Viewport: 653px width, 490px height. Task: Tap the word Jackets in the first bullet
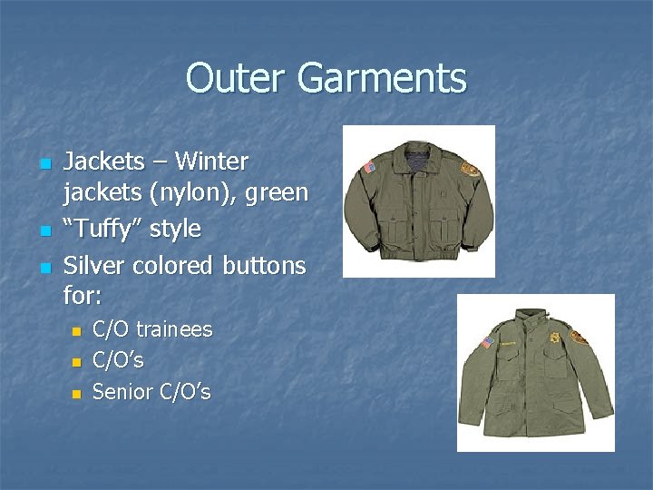(103, 162)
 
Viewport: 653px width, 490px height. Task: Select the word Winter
(211, 162)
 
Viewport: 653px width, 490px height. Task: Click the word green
(278, 193)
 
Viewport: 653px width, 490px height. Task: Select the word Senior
(121, 392)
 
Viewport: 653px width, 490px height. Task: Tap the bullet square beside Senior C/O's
(76, 394)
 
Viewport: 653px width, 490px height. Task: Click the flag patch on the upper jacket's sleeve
(367, 168)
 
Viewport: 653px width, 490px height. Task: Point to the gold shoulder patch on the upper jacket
(469, 169)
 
